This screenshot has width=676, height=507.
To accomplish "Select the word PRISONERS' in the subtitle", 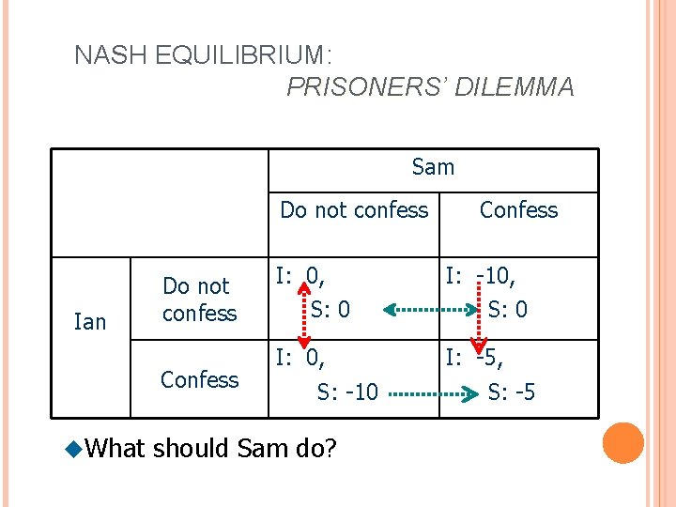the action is tap(369, 87).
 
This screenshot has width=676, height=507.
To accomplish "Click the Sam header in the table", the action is tap(433, 167).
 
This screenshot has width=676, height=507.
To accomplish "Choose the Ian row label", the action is tap(90, 322).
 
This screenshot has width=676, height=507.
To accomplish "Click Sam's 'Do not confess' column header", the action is tap(354, 210).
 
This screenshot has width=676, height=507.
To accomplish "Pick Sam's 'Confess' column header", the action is tap(518, 210).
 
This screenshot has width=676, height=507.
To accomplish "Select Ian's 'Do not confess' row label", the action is tap(199, 299).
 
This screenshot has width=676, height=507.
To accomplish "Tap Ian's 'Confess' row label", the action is tap(199, 379).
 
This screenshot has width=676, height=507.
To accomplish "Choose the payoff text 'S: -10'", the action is tap(347, 392).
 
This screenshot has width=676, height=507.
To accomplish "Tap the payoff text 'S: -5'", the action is tap(512, 392).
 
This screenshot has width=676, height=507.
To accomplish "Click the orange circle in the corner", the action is tap(623, 443).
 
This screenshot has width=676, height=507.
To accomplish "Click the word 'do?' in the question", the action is tap(315, 449).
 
